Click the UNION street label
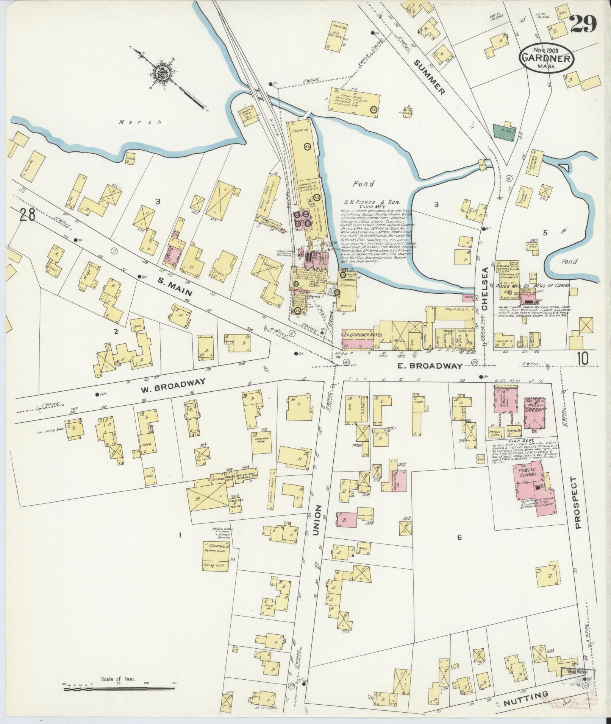pos(316,521)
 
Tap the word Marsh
pos(140,122)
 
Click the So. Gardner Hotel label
pos(363,335)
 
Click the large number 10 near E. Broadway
pos(583,358)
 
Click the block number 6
pos(459,537)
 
